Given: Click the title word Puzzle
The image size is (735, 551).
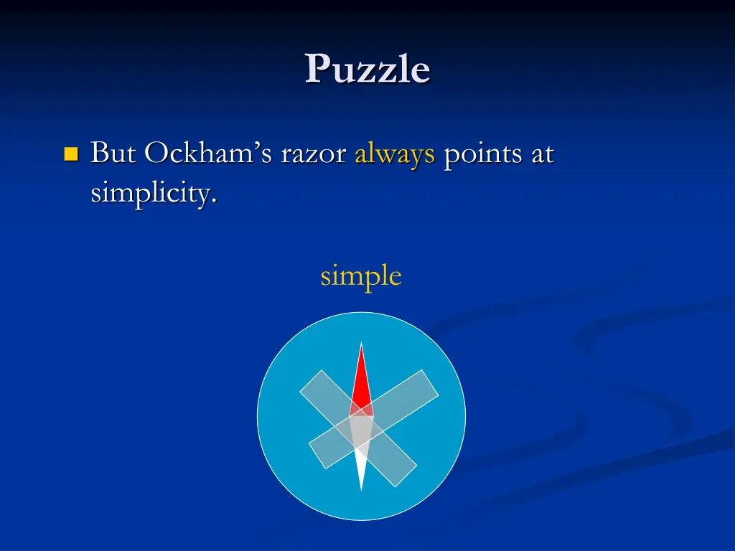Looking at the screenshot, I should tap(367, 70).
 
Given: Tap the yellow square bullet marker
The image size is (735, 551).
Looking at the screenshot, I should tap(70, 154).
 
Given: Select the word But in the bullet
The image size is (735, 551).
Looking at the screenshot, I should tap(113, 154).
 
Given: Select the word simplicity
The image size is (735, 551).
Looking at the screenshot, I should tap(152, 193).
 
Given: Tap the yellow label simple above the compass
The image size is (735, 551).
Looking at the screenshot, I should tap(360, 276).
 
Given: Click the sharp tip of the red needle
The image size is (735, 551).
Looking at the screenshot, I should tap(362, 344).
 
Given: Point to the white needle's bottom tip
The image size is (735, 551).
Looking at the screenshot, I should tap(362, 491).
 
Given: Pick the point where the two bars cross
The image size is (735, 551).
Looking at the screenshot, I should tap(362, 429).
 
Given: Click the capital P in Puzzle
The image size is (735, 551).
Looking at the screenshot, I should tap(317, 70).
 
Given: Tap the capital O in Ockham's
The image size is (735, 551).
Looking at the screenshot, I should tap(157, 154).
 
